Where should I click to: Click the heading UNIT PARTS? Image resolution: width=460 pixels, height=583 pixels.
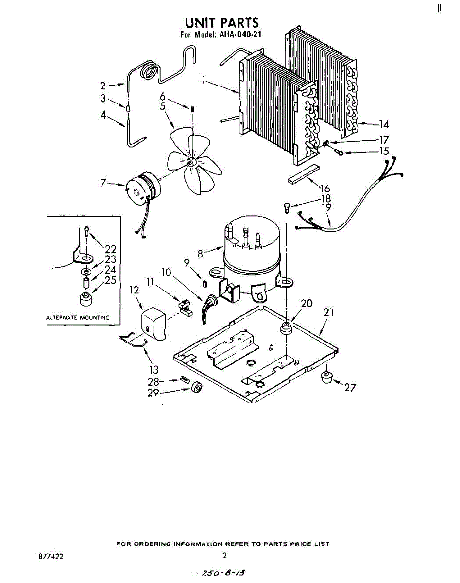pyautogui.click(x=221, y=22)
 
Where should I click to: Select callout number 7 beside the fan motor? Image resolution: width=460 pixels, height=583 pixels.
pyautogui.click(x=103, y=183)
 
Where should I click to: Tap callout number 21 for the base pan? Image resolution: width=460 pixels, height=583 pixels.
pyautogui.click(x=329, y=312)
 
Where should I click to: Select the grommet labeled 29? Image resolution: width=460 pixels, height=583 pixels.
pyautogui.click(x=197, y=387)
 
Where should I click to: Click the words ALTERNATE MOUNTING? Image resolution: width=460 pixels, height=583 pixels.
pyautogui.click(x=78, y=318)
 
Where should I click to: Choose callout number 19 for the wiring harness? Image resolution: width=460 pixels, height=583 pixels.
pyautogui.click(x=326, y=207)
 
